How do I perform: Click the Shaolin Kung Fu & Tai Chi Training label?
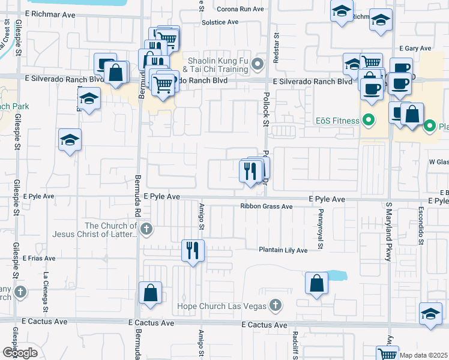click(218, 65)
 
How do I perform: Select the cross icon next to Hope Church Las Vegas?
click(275, 306)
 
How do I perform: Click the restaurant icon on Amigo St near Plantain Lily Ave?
click(193, 250)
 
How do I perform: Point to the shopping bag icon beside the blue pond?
click(316, 283)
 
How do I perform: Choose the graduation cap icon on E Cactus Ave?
click(430, 314)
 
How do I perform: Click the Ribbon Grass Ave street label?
click(266, 206)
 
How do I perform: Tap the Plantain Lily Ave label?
click(283, 250)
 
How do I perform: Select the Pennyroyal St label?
click(321, 229)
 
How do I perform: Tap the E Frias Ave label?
click(39, 259)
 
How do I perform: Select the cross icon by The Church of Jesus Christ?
click(146, 229)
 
